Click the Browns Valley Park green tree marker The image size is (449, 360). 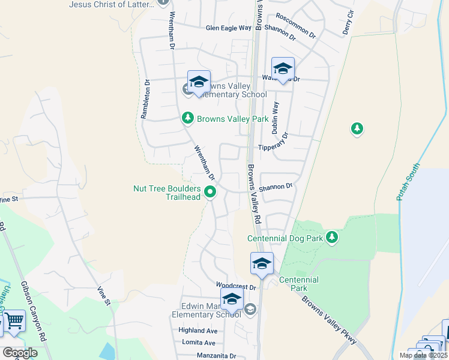188,119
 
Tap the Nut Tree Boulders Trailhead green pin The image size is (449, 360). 210,193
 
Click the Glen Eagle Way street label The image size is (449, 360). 228,28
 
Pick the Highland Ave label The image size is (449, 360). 197,331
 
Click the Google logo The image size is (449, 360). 19,353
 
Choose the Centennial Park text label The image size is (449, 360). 298,284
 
